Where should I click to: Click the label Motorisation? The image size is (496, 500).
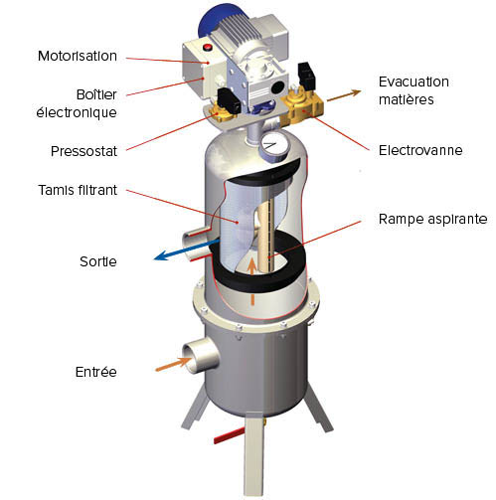click(x=78, y=56)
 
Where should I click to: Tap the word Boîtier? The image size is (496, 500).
click(x=96, y=94)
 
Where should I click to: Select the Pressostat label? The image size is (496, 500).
click(x=83, y=151)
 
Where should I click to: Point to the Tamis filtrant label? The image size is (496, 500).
click(x=78, y=190)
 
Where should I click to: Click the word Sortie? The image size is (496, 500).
click(x=98, y=261)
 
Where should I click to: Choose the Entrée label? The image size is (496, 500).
click(x=96, y=372)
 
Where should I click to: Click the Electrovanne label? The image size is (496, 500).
click(x=420, y=150)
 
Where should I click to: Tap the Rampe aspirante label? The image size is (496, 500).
click(x=432, y=219)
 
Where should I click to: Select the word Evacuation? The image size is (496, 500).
click(x=413, y=82)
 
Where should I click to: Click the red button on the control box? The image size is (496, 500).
click(x=208, y=47)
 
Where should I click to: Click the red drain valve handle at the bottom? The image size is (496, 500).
click(x=229, y=435)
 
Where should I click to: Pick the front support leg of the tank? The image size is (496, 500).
click(x=253, y=453)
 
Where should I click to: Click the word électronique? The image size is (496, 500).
click(x=77, y=112)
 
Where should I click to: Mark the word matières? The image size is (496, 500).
click(x=407, y=99)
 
